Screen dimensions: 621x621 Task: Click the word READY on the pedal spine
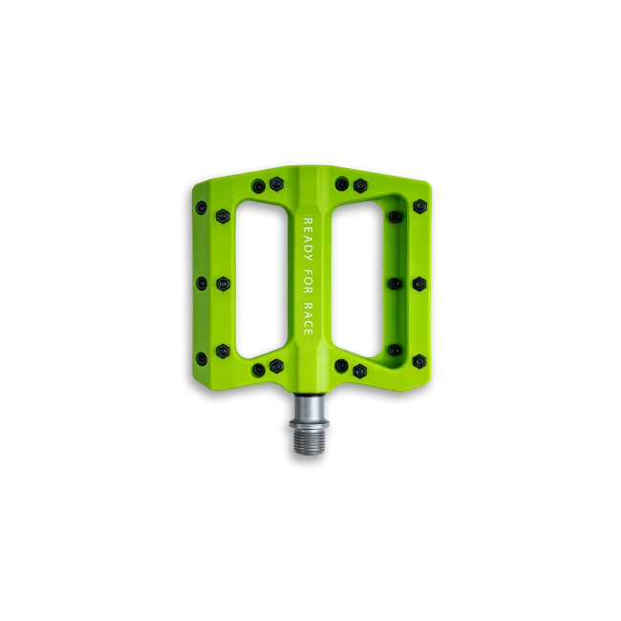308,238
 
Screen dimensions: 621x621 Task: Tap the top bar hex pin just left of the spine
277,183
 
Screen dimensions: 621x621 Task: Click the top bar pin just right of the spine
341,183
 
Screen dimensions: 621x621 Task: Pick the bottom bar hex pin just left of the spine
277,366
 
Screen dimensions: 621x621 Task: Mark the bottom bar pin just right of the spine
341,366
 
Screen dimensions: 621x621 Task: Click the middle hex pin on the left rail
223,284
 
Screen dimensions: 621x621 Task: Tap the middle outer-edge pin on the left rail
200,284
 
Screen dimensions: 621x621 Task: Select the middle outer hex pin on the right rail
419,284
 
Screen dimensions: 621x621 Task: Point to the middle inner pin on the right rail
395,284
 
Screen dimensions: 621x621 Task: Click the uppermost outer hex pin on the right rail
419,206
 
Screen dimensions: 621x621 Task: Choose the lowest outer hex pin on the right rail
419,361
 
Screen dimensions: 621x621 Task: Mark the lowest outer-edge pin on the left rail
201,358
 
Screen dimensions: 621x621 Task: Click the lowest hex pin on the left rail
223,350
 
